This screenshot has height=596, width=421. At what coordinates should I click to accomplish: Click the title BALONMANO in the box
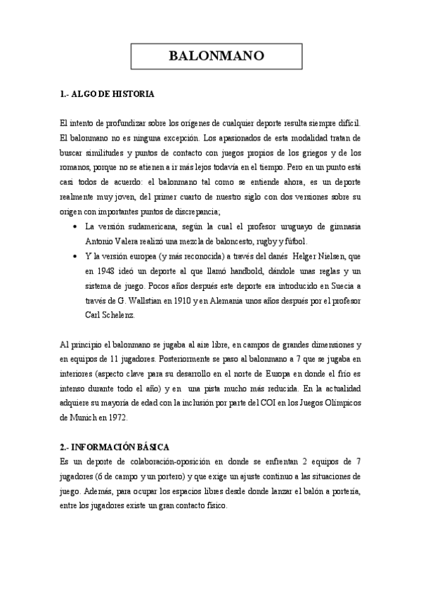tap(216, 56)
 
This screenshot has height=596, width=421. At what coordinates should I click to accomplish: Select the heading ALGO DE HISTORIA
tap(112, 93)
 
